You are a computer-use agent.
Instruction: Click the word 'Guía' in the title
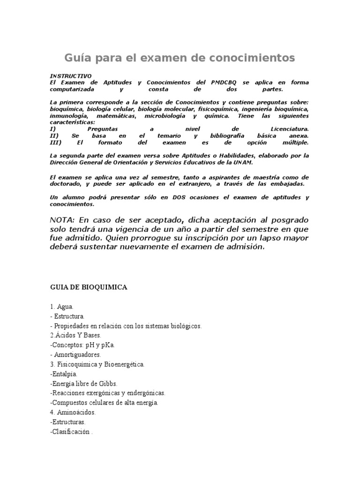pos(78,58)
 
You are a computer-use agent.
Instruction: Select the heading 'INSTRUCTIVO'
pos(71,76)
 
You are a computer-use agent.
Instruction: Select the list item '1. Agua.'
pos(61,307)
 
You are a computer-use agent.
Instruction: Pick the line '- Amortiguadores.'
pos(75,354)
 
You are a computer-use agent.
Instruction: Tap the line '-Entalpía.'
pos(63,374)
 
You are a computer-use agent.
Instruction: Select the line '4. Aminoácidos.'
pos(73,412)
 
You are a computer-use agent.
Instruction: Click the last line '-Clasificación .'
pos(71,432)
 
